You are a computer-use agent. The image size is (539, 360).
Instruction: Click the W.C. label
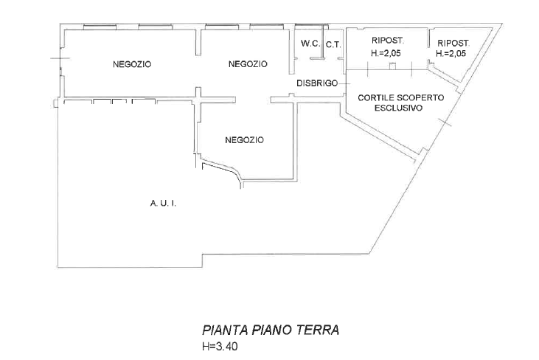(310, 44)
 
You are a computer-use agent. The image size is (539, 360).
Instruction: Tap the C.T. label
(333, 45)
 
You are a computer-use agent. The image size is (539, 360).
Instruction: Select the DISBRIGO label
(317, 83)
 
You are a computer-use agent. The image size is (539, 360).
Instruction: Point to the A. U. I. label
(163, 203)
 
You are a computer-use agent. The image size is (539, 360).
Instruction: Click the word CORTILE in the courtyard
(375, 97)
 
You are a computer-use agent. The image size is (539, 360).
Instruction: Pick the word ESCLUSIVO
(398, 108)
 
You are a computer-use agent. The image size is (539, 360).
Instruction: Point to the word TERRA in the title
(318, 330)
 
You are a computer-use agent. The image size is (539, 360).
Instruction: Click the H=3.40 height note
(220, 346)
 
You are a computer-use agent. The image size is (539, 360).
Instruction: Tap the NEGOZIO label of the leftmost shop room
(132, 64)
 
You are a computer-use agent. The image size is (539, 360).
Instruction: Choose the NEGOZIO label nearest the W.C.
(248, 64)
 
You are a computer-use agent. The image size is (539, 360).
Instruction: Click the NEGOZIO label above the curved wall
(244, 140)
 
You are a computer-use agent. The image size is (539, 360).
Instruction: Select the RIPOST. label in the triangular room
(453, 44)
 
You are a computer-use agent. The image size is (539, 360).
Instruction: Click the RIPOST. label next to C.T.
(388, 41)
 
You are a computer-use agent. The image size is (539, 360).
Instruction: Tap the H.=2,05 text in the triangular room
(451, 54)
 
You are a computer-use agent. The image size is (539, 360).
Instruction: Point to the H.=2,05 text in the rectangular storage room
(386, 53)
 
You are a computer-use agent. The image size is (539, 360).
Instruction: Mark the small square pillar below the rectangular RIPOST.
(392, 66)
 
